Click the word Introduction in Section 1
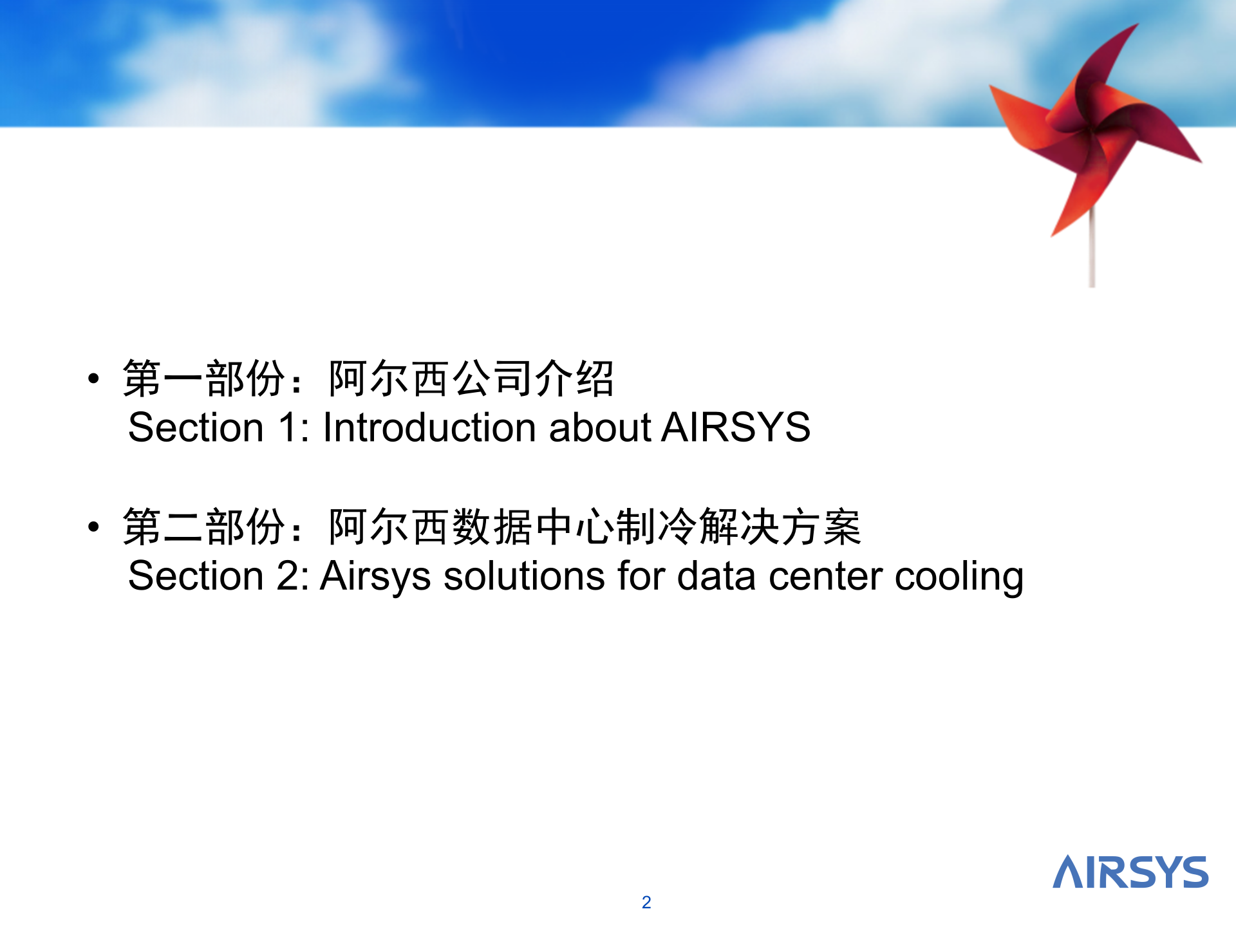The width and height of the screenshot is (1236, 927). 429,427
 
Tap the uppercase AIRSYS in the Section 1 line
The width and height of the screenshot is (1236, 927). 736,427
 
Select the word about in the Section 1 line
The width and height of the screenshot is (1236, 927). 600,427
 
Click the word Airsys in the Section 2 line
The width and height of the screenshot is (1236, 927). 375,576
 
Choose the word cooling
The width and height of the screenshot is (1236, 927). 959,577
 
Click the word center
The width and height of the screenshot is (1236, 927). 825,576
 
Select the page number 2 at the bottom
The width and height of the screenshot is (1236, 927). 646,903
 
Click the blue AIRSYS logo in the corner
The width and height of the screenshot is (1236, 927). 1130,872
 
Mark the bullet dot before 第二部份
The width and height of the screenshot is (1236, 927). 94,527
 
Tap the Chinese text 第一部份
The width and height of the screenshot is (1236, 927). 204,379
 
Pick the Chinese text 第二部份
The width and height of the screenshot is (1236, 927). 204,527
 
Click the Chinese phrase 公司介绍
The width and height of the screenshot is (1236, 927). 534,379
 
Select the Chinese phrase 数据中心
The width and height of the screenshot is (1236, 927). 534,527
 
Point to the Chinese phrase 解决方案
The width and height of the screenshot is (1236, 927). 780,527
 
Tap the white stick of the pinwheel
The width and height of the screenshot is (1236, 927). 1092,248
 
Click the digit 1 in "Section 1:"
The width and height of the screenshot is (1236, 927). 287,427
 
